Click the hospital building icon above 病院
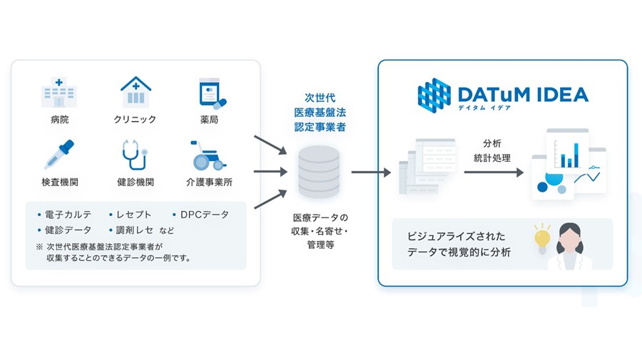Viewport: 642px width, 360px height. point(59,92)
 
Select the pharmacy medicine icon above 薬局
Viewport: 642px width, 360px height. point(212,93)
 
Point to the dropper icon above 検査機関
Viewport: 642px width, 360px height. point(59,154)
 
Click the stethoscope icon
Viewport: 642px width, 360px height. point(134,155)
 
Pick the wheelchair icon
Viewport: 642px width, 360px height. point(208,155)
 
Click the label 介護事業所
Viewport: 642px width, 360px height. point(209,182)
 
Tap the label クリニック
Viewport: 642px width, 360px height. point(135,120)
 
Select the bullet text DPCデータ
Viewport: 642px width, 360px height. point(204,215)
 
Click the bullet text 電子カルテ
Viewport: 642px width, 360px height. point(68,215)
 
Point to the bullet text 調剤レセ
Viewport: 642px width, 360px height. point(135,230)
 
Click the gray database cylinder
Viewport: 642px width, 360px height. point(319,173)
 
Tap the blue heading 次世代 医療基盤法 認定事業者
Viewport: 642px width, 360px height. point(320,113)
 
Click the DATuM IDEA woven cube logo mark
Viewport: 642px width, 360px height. point(434,96)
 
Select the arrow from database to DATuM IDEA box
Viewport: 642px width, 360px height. point(371,173)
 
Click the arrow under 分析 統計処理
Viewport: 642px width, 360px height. point(494,173)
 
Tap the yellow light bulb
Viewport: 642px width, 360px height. point(542,239)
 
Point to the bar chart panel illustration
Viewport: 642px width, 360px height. point(568,150)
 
